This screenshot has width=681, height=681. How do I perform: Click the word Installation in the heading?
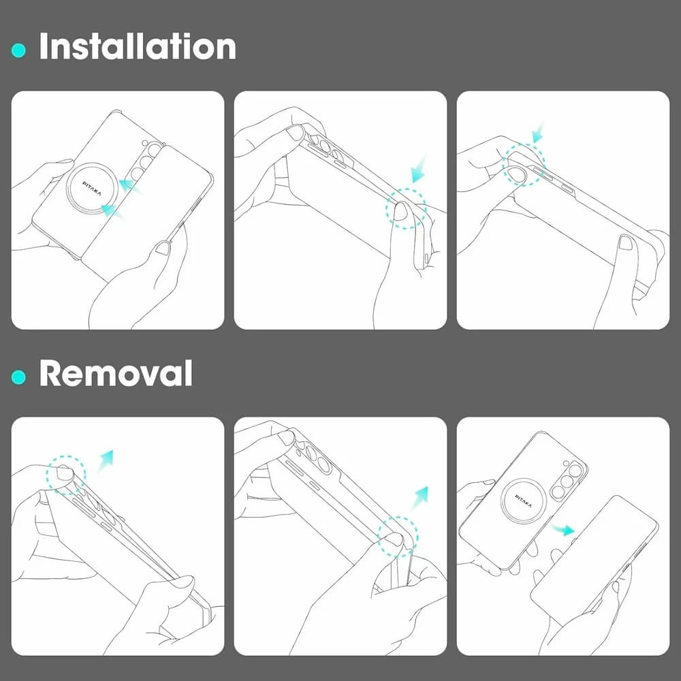coord(138,46)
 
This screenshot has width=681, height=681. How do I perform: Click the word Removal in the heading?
coord(116,373)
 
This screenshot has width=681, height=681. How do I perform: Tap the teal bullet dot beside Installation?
coord(18,50)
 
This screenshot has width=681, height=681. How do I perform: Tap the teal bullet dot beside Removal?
coord(18,377)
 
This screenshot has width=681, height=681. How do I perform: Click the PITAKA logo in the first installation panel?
coord(92,189)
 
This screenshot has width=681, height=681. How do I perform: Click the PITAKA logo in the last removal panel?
coord(523,501)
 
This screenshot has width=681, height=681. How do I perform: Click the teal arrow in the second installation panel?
coord(419,170)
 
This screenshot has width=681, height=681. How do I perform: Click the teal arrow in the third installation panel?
coord(538,133)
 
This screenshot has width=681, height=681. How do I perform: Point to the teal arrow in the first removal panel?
coord(105,461)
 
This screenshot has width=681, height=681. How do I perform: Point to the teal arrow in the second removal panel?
coord(420,497)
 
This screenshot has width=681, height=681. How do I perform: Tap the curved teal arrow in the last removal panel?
coord(563,529)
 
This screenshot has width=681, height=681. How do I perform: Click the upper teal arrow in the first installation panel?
coord(130,187)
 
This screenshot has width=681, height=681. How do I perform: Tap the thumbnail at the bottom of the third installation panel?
coord(626,242)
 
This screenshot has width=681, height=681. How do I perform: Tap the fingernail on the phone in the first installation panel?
coord(163,248)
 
